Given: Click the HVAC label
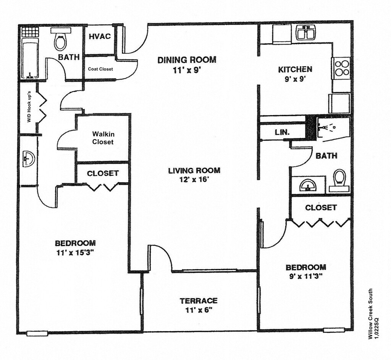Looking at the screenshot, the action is tap(100, 36).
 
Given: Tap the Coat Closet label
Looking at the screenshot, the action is tap(100, 69).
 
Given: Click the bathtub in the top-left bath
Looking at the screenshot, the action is tap(30, 60).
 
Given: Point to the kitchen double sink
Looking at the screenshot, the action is tap(306, 33).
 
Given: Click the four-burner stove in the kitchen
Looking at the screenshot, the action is tap(341, 68).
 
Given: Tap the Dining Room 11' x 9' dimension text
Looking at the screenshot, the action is tap(187, 71).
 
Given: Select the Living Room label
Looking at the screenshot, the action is tap(194, 170).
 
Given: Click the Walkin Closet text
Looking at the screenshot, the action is tap(103, 138).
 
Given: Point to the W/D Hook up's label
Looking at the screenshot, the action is tap(29, 106).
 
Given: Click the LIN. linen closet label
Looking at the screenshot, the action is tap(282, 132).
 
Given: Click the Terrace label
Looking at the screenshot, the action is tap(199, 301).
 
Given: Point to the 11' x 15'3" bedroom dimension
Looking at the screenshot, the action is tap(75, 253).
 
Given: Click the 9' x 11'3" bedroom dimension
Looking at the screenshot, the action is tap(306, 276).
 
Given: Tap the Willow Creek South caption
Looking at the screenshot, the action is tap(370, 314).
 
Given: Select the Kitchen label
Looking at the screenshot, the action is tap(295, 69).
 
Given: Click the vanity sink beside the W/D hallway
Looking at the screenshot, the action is tap(28, 158).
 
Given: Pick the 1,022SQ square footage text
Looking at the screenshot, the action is tap(376, 327).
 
